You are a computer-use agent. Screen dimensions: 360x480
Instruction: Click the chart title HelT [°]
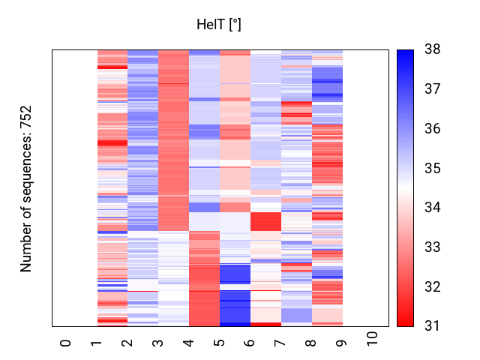pos(218,25)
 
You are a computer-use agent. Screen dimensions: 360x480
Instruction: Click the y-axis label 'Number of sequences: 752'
pos(26,188)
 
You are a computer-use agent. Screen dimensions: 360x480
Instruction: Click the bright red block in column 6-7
pos(265,222)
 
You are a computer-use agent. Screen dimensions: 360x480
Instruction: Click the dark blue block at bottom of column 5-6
pos(235,307)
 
